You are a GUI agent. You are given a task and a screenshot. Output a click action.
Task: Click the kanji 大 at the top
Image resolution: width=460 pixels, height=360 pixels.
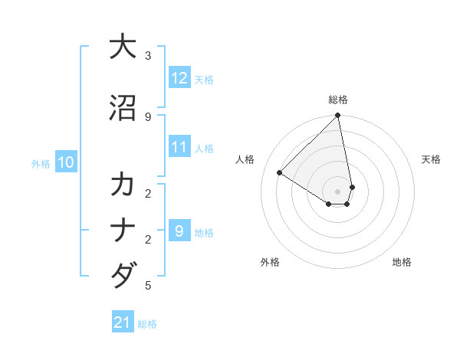[x=123, y=47]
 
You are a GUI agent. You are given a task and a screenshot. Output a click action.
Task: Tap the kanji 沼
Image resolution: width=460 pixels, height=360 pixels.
[x=123, y=108]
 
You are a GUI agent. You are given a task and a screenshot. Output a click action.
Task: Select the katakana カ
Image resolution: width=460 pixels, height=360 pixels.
[x=123, y=185]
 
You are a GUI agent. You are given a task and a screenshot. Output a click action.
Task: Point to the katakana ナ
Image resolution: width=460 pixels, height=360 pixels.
[x=123, y=231]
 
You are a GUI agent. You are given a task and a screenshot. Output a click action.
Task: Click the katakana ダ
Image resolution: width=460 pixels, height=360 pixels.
[x=123, y=275]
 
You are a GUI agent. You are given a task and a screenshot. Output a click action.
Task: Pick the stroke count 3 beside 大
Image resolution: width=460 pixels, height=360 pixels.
[x=148, y=56]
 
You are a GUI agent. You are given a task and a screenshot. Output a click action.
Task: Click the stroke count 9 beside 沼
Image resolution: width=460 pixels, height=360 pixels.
[x=148, y=116]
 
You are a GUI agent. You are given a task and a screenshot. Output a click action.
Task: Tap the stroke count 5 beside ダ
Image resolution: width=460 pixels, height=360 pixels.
[x=148, y=286]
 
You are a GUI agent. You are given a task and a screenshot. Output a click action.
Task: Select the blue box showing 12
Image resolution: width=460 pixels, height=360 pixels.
[x=179, y=78]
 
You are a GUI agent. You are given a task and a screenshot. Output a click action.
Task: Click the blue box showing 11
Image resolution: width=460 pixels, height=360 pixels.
[x=179, y=147]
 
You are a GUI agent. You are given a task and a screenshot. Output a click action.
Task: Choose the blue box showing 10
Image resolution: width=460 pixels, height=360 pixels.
[x=66, y=162]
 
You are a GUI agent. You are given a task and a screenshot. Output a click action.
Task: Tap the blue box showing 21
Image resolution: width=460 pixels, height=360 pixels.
[x=123, y=322]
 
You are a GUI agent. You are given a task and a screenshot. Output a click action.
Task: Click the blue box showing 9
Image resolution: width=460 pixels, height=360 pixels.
[x=179, y=231]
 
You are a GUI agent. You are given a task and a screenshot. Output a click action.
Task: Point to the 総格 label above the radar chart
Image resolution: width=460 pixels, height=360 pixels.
[x=338, y=100]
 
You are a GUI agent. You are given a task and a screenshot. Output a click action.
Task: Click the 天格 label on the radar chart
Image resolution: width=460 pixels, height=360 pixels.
[x=432, y=159]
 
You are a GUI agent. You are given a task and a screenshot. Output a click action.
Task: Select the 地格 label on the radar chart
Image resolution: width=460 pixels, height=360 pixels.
[x=402, y=262]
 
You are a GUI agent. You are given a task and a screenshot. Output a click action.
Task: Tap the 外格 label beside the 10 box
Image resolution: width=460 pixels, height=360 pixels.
[x=41, y=163]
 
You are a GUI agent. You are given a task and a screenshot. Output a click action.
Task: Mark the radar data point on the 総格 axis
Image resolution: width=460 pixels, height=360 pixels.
[x=338, y=116]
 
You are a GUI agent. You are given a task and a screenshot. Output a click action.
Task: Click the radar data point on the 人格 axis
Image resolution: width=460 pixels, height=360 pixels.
[x=280, y=173]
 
